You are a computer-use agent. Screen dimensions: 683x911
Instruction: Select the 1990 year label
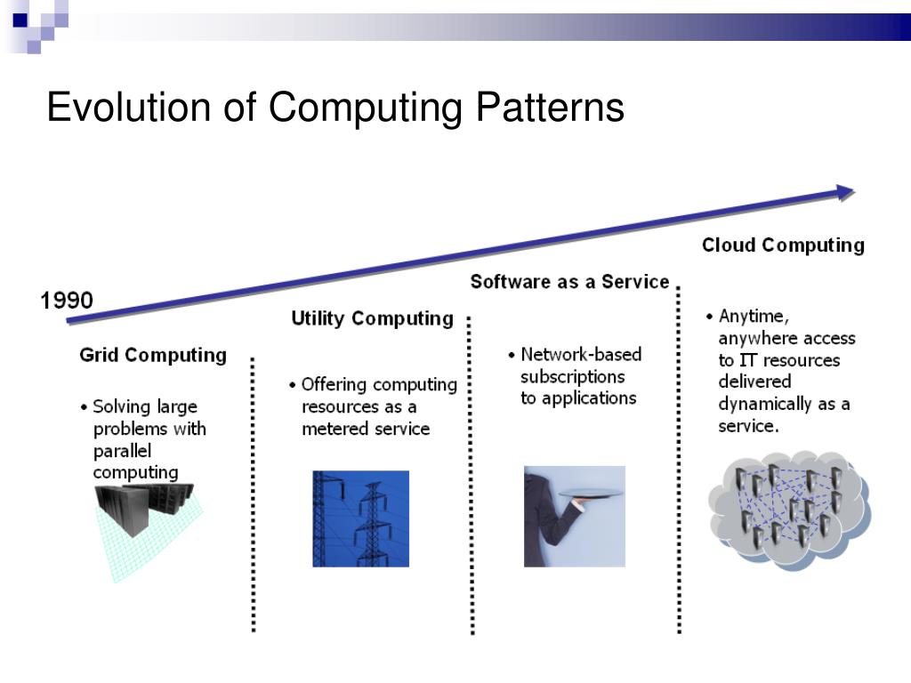[x=67, y=301]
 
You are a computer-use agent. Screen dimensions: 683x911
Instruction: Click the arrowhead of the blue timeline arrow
[x=844, y=192]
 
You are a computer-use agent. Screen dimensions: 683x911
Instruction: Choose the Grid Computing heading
[x=153, y=356]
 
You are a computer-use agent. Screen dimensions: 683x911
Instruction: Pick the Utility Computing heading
[x=372, y=318]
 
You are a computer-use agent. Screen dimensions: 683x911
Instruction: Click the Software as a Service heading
[x=569, y=282]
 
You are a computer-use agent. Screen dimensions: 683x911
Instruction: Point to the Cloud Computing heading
[x=783, y=245]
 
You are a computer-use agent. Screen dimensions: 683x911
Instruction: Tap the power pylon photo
[x=360, y=518]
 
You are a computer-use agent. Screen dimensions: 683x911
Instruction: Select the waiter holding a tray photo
[x=574, y=516]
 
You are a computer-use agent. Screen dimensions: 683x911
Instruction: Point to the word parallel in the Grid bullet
[x=123, y=451]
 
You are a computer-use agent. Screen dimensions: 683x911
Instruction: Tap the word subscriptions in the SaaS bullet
[x=572, y=376]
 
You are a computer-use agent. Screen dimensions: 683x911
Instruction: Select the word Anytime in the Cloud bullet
[x=754, y=316]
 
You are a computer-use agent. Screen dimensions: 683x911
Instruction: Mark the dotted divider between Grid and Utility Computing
[x=254, y=494]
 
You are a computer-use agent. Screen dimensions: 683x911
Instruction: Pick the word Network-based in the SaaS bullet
[x=581, y=354]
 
